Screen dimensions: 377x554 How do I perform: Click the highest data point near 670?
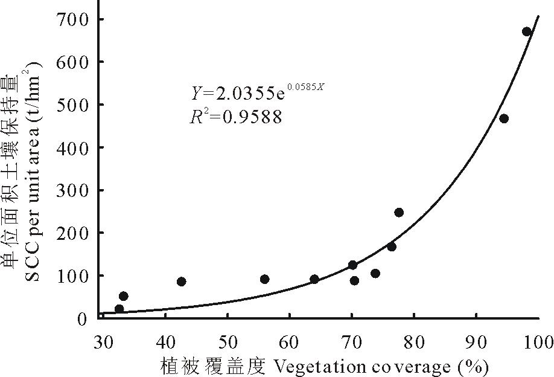tap(526, 31)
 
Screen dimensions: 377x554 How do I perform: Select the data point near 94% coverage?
tap(504, 118)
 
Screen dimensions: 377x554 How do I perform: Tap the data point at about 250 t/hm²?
tap(399, 212)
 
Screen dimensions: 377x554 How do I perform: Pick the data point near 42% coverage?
tap(181, 282)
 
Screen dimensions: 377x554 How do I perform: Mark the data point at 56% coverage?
tap(264, 279)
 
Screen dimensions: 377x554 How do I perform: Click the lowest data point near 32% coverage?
tap(119, 309)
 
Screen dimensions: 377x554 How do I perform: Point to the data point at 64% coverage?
tap(314, 279)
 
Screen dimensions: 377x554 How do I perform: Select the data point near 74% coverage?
tap(375, 273)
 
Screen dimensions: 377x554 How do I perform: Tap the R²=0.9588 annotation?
tap(235, 117)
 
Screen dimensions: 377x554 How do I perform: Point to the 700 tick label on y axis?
tap(74, 19)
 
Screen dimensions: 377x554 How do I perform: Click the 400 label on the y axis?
tap(74, 147)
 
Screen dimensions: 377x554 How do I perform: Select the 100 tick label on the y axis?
tap(74, 275)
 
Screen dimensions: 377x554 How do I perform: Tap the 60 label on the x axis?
tap(290, 342)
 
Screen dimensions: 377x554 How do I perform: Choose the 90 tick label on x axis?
tap(476, 342)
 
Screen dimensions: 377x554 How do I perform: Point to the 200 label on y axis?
tap(74, 233)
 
